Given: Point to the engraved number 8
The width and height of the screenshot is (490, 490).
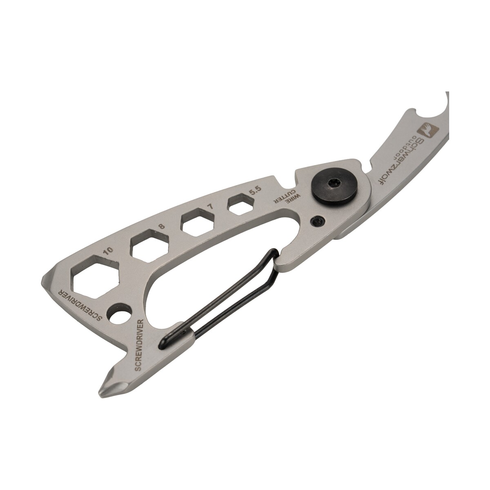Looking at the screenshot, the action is click(161, 226).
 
